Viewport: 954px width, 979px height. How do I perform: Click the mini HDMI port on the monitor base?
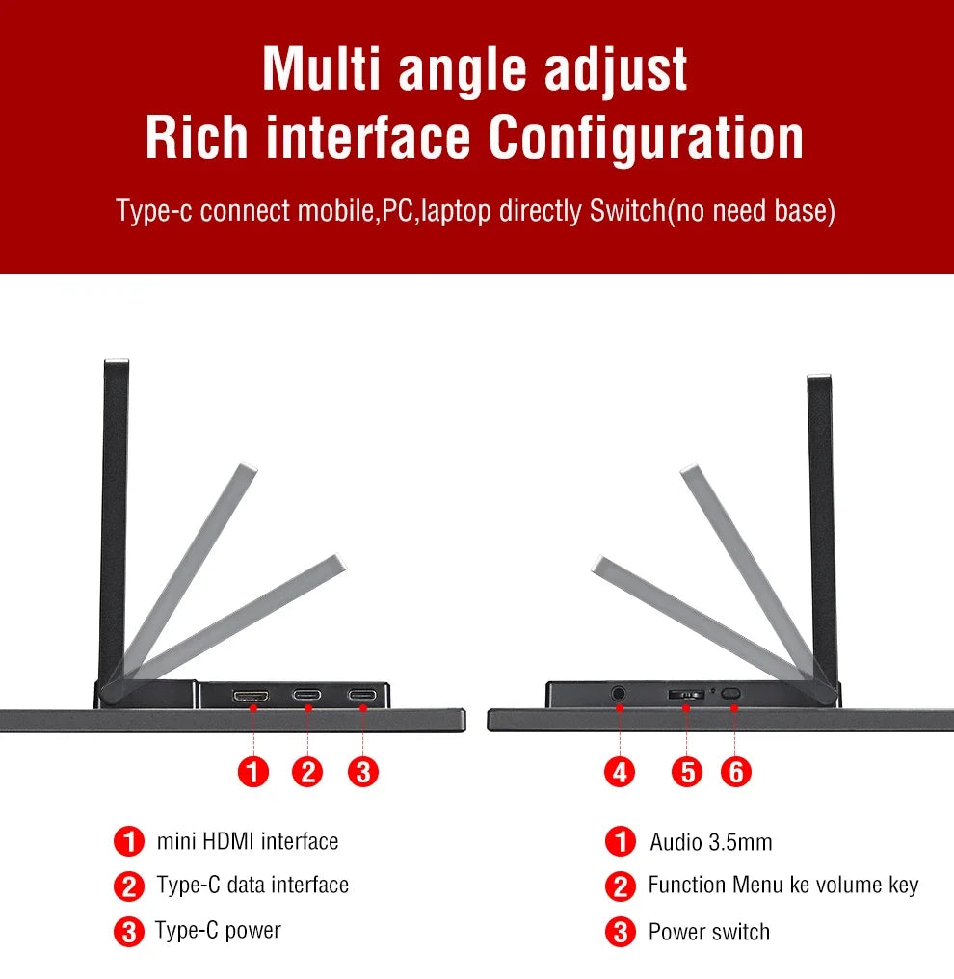coord(251,696)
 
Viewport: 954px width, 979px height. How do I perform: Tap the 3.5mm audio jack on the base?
coord(618,694)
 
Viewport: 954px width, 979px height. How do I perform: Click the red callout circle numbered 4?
coord(620,773)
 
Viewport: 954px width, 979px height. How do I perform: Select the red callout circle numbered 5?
coord(687,773)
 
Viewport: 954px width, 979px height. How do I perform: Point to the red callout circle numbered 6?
coord(736,773)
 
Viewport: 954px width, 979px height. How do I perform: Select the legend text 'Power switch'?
coord(709,932)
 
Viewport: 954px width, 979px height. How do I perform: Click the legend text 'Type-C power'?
coord(218,930)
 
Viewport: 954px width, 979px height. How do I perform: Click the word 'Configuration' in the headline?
coord(647,139)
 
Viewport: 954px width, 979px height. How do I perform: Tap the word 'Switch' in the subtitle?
coord(628,210)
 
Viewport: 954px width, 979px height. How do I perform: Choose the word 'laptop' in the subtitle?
coord(456,211)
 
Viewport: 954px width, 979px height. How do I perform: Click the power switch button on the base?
coord(730,694)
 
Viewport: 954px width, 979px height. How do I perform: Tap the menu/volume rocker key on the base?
coord(686,695)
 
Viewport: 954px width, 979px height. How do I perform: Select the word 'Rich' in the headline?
coord(197,138)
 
